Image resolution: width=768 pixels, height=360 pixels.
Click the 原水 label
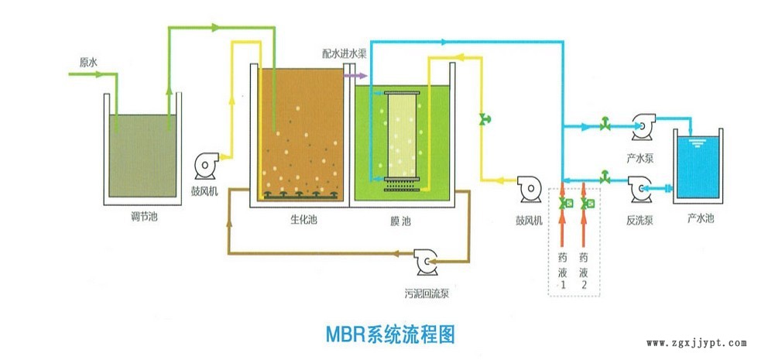click(87, 62)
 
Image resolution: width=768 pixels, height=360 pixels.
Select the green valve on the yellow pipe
click(485, 118)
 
